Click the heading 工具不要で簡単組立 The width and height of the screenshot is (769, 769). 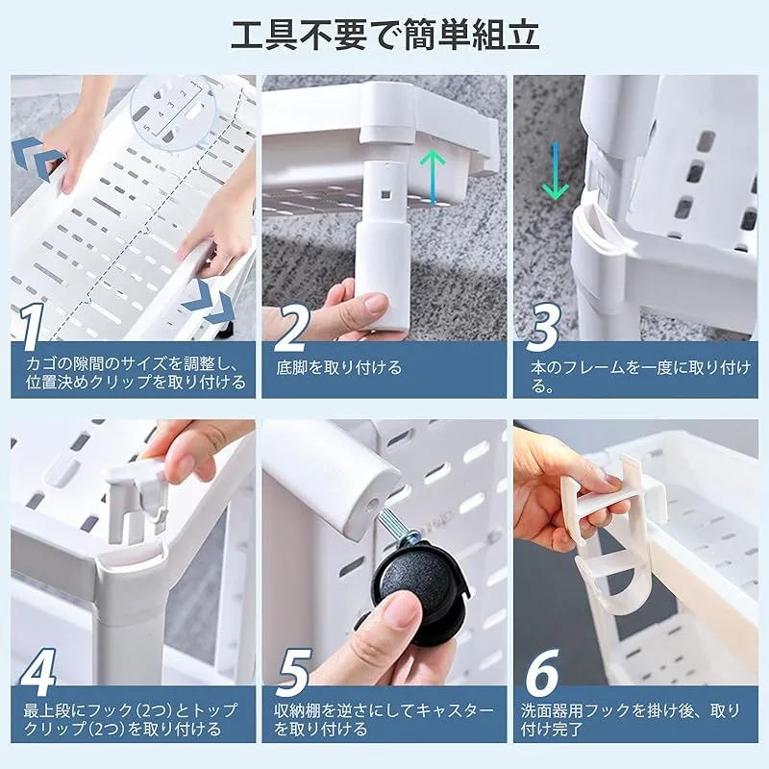385,35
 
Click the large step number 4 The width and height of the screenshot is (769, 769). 38,672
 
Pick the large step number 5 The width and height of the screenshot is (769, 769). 293,672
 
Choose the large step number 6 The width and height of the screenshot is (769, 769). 543,672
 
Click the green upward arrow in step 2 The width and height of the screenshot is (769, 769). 434,177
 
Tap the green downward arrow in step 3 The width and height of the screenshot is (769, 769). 556,171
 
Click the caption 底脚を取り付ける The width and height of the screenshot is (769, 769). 339,367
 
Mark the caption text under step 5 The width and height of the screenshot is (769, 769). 384,719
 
